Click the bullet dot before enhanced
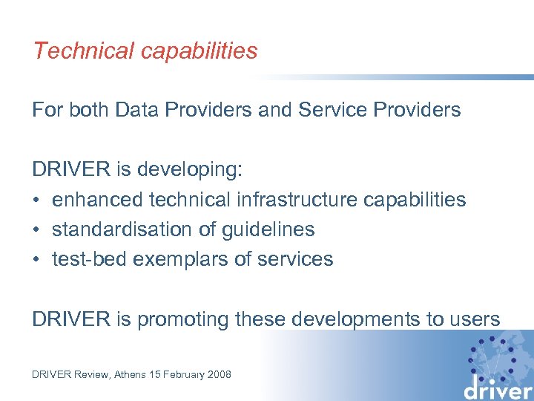coord(36,200)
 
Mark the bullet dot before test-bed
coord(36,260)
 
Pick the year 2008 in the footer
coord(218,374)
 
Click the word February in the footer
coord(178,374)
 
